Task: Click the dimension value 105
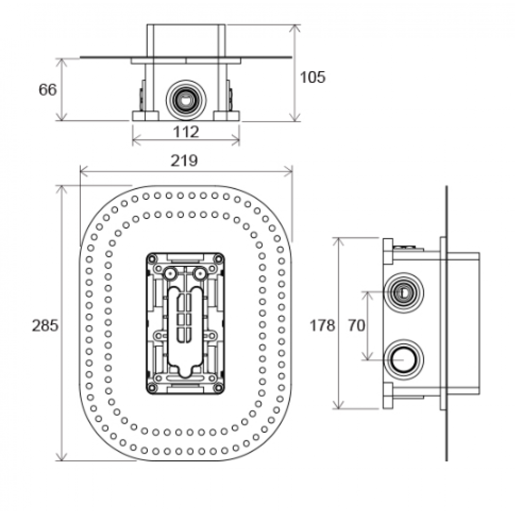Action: [313, 77]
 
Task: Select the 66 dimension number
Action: [47, 90]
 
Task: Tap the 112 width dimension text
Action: [186, 132]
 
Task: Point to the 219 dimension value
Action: [184, 161]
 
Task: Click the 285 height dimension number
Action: [45, 325]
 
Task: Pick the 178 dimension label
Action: [322, 325]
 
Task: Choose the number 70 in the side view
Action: [356, 325]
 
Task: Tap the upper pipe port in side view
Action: [403, 293]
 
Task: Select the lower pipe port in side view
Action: [403, 360]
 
